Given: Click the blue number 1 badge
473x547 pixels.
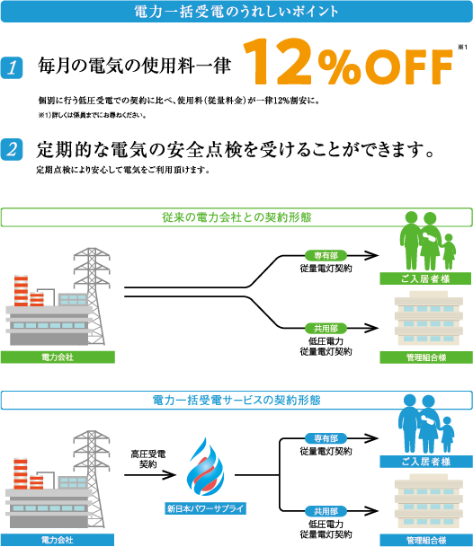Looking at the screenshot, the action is [x=12, y=67].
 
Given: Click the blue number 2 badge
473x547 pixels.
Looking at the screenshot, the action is [x=12, y=150].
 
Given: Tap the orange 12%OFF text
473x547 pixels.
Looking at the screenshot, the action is [x=348, y=62].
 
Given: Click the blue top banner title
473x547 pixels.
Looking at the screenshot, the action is [x=236, y=12].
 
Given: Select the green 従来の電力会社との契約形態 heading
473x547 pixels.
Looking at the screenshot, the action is [x=236, y=217].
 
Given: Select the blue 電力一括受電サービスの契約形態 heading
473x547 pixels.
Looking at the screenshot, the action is [x=236, y=400].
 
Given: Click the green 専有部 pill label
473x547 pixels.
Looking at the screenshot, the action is [x=326, y=256].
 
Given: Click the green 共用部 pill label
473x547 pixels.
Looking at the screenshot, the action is [x=326, y=328].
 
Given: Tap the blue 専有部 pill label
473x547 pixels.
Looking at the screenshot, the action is [x=326, y=438].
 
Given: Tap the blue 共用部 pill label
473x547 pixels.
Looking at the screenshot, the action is [x=326, y=511].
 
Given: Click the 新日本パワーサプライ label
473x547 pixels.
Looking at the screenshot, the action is [x=205, y=508].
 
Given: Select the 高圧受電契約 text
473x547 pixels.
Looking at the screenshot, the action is [x=148, y=459].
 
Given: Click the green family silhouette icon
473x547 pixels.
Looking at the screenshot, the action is [x=427, y=241].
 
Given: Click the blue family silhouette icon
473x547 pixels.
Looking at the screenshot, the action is [x=426, y=424].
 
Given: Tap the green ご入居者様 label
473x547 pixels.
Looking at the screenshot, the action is [x=426, y=278].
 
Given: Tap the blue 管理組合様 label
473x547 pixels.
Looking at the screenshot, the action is [x=426, y=541].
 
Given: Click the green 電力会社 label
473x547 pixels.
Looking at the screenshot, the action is [x=58, y=357].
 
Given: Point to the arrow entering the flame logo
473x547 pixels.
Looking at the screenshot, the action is [x=150, y=475].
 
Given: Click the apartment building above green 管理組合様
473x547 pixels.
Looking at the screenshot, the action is [x=429, y=318].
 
